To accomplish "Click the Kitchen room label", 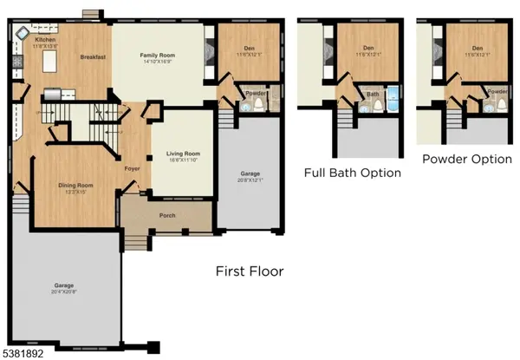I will click(45, 40).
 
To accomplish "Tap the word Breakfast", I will click(93, 56).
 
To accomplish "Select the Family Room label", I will click(159, 56).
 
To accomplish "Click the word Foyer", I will click(132, 168).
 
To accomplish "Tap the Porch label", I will click(168, 214).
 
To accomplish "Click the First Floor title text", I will click(249, 272).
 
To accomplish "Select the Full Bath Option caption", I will click(353, 173).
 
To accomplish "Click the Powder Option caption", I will click(464, 160).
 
